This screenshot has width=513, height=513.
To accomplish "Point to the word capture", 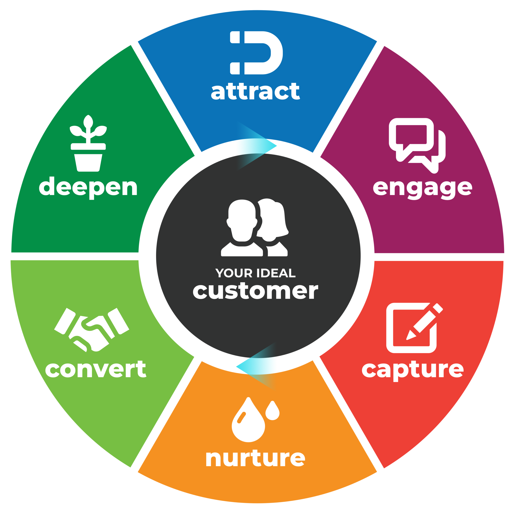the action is tap(413, 371).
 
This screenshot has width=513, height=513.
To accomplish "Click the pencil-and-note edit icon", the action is tap(414, 328).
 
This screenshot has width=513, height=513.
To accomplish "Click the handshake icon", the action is tap(92, 329).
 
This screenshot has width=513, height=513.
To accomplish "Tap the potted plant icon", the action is tap(88, 143).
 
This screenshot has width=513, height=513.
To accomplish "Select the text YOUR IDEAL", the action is tap(255, 273).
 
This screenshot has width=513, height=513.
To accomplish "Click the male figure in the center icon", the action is tap(242, 228).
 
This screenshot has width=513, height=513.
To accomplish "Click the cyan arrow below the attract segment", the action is tap(256, 146).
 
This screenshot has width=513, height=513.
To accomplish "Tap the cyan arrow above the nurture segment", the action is tap(256, 367).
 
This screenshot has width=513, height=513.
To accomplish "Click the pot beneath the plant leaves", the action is tap(88, 163).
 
